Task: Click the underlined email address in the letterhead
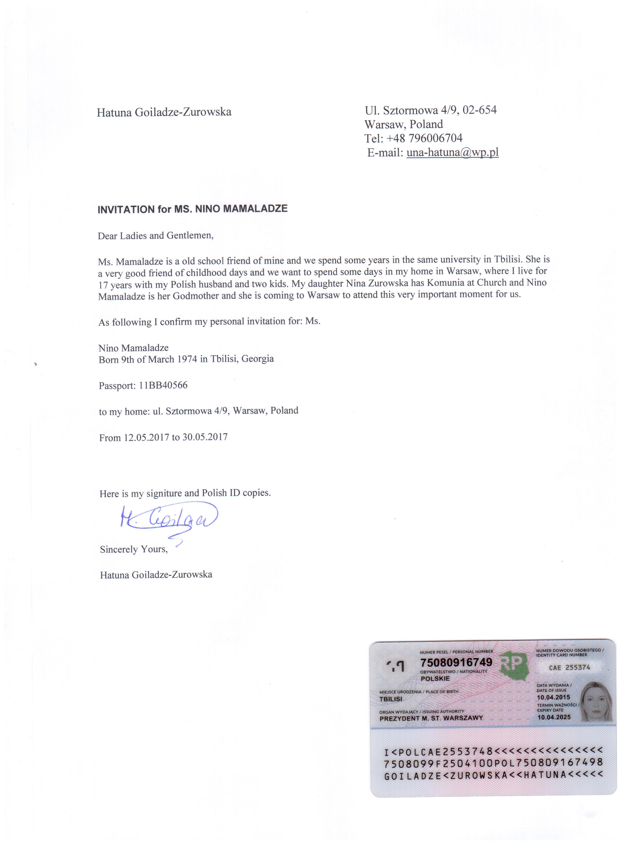click(x=452, y=153)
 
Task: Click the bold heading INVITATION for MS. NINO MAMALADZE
click(x=192, y=209)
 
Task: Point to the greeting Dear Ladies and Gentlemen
click(x=155, y=236)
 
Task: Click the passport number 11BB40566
click(x=163, y=385)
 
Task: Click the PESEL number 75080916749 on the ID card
click(x=456, y=662)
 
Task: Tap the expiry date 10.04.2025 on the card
click(x=554, y=717)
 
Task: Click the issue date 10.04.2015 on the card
click(x=553, y=697)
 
